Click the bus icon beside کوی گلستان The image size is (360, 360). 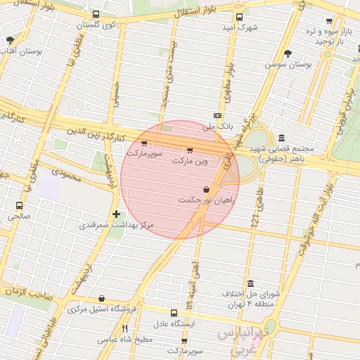click(96, 14)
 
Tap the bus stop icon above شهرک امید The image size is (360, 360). click(240, 18)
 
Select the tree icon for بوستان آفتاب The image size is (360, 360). click(9, 41)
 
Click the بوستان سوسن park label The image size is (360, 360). click(288, 63)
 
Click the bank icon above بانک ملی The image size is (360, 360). click(218, 115)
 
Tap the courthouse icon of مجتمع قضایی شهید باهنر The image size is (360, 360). click(281, 137)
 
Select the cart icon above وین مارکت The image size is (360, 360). click(190, 150)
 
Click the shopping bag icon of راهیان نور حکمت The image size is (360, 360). click(205, 189)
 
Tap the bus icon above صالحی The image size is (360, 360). click(20, 205)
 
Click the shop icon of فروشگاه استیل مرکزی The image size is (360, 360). click(102, 298)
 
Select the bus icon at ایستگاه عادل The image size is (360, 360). click(174, 313)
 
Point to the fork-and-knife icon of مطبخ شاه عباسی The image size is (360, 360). click(125, 328)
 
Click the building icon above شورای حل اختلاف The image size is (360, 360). click(251, 283)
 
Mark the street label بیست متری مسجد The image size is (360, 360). click(169, 77)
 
